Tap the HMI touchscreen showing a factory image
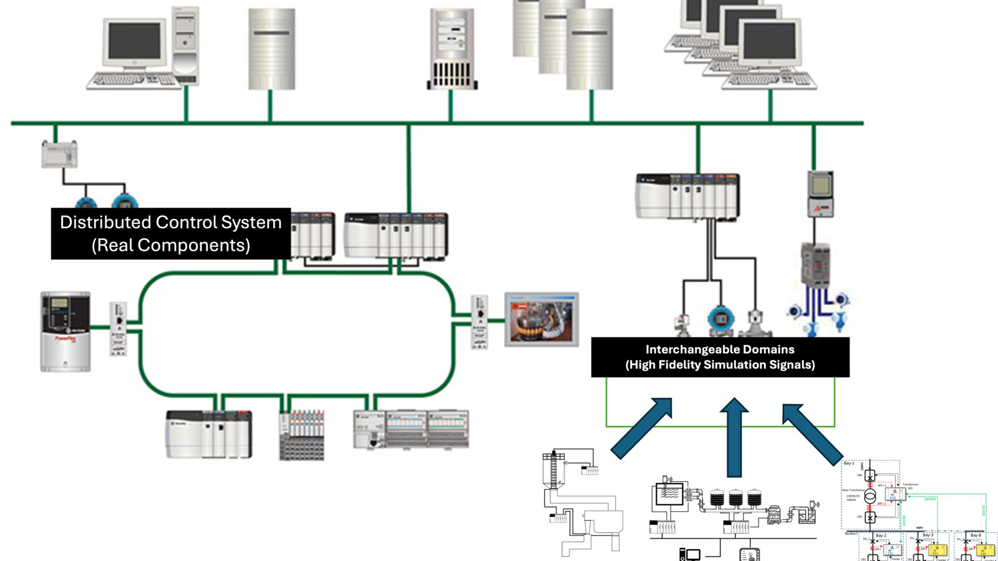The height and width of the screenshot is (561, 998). pos(541,319)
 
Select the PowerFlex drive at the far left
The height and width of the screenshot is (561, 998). pos(65,331)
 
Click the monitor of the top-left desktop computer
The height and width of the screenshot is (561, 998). pos(135,42)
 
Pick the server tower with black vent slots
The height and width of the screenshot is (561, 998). pos(452,49)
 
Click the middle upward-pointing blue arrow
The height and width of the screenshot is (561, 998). pos(734,437)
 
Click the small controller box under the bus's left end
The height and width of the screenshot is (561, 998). pos(59,154)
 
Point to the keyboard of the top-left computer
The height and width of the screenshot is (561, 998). pos(133,80)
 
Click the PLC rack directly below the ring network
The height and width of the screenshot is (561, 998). pos(209,434)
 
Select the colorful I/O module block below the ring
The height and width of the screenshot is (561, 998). pos(302,435)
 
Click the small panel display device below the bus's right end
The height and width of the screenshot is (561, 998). pos(820,193)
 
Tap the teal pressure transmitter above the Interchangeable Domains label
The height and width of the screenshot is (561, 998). pos(720,319)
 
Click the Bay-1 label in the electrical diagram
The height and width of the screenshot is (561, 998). pos(849,464)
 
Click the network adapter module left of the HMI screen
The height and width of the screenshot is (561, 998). pos(478,322)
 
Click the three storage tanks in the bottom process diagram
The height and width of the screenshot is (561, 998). pos(735,497)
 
